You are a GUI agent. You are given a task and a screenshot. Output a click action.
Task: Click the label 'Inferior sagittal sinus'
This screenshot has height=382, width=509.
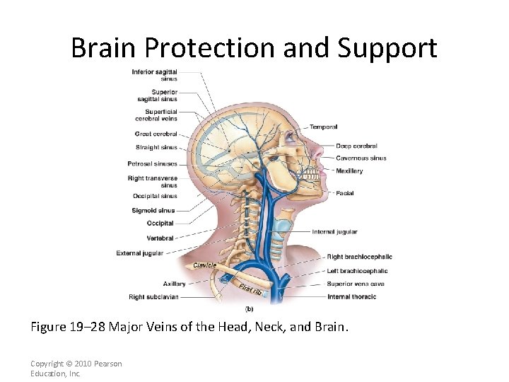(154, 75)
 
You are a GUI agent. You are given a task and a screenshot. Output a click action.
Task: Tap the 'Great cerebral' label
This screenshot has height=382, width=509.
(156, 134)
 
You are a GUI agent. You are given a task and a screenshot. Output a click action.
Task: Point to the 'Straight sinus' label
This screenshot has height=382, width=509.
(156, 147)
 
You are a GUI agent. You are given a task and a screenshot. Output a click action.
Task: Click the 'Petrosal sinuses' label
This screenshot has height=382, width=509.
(152, 163)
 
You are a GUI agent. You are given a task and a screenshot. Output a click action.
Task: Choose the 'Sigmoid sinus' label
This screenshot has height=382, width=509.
(153, 210)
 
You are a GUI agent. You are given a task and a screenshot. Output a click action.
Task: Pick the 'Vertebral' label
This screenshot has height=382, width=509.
(160, 238)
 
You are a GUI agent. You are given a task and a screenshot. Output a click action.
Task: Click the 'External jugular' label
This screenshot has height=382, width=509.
(139, 253)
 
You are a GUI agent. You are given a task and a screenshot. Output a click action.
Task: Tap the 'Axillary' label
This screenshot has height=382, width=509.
(174, 284)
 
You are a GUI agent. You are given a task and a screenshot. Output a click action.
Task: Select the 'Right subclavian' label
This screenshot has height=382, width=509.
(153, 297)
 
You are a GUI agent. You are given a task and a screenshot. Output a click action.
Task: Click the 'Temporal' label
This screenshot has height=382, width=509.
(323, 127)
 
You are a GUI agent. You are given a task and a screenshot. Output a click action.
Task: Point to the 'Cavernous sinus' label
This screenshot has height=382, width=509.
(361, 158)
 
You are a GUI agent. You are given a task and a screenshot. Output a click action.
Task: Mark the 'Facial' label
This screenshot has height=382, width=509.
(345, 193)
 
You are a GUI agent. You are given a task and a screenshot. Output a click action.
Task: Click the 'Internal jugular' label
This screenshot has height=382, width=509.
(334, 231)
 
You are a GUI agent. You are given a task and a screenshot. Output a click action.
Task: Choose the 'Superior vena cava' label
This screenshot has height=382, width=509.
(356, 284)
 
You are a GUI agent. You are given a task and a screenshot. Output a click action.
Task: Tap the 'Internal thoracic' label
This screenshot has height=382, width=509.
(351, 296)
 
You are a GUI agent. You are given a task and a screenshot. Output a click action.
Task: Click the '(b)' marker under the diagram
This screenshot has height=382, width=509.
(249, 308)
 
